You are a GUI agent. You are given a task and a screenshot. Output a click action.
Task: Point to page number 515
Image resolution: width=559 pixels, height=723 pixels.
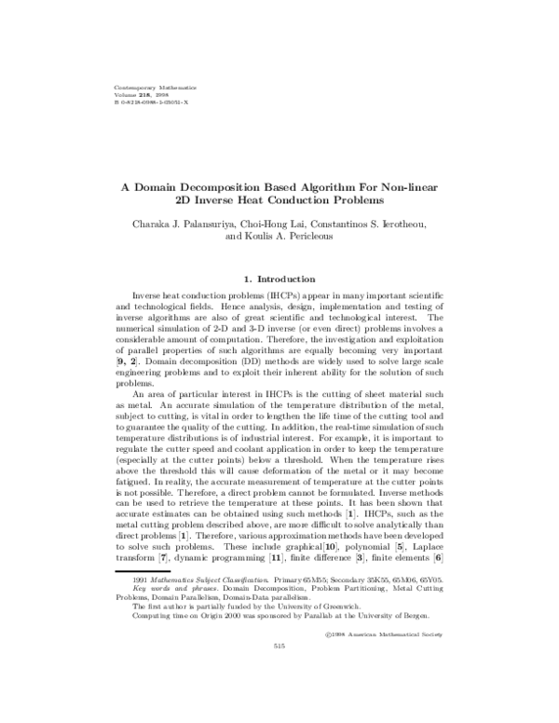pos(279,647)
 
